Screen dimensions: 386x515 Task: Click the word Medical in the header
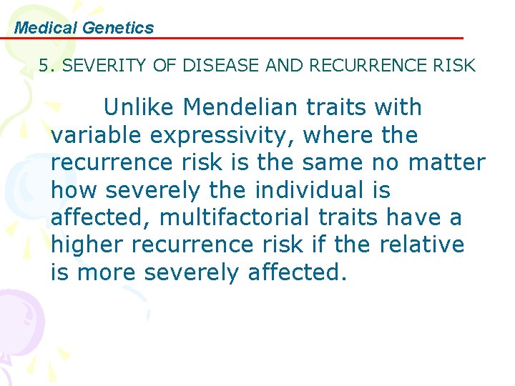click(46, 28)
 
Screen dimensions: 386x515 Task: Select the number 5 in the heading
click(44, 66)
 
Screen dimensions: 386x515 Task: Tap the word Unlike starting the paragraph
click(140, 108)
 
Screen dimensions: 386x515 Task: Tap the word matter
click(446, 162)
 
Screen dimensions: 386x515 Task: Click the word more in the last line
click(109, 272)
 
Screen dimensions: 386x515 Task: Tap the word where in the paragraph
click(337, 135)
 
